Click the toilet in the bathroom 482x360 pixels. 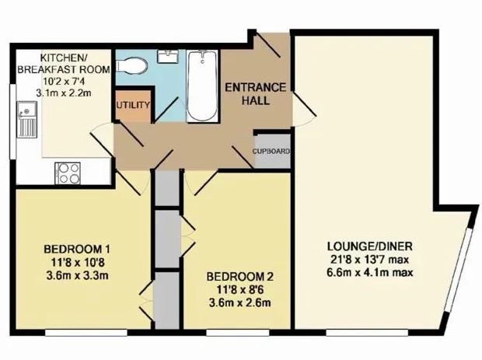pos(131,65)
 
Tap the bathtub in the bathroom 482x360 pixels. pos(202,86)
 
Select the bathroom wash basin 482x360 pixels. pos(167,57)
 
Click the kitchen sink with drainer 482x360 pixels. pos(27,119)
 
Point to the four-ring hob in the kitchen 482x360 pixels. pos(68,173)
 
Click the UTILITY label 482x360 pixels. pos(133,105)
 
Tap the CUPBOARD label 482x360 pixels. pos(271,152)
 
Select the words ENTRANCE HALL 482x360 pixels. pos(256,94)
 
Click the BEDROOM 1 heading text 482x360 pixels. pos(77,249)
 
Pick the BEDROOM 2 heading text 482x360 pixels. pos(239,277)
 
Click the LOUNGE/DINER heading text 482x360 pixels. pos(370,246)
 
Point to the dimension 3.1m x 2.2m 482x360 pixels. pos(64,93)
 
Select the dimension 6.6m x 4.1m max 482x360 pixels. pos(370,272)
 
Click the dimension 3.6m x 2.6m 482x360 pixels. pos(239,302)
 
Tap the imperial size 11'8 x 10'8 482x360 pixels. pos(78,262)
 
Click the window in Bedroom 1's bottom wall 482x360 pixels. pos(86,332)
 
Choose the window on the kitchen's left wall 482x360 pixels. pos(13,122)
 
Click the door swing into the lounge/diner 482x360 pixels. pos(304,109)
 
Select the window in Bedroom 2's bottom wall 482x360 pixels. pos(238,332)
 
